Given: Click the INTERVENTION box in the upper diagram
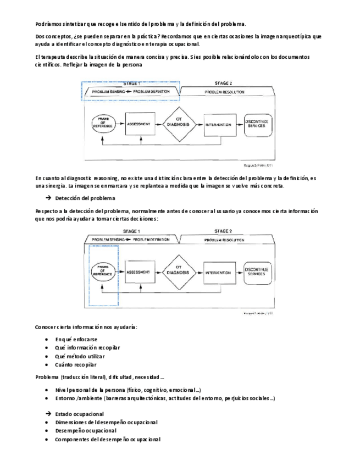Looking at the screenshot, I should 218,125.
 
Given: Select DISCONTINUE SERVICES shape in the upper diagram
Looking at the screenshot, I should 256,125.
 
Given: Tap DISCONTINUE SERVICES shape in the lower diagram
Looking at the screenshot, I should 257,272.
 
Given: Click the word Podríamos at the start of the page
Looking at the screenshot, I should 47,24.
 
